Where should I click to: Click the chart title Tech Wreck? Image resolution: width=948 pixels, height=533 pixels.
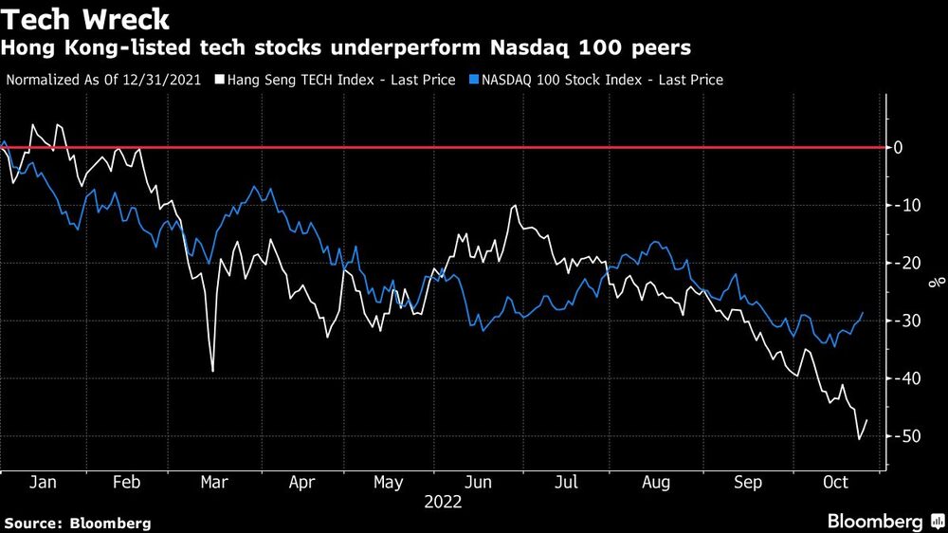pos(87,21)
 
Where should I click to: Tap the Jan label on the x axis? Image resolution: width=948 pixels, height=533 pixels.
pos(43,483)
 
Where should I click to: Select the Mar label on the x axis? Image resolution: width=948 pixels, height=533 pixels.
pos(214,483)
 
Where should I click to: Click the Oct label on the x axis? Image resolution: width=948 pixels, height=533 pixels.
pos(835,483)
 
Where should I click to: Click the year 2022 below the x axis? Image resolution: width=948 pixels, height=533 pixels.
pos(443,503)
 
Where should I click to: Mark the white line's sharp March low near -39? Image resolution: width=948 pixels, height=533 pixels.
pos(212,371)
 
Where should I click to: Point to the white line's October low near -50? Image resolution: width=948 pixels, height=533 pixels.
pos(859,438)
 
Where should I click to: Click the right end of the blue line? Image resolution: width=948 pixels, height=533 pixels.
pos(864,312)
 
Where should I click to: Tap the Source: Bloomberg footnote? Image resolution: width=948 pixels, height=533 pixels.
pos(78,523)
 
